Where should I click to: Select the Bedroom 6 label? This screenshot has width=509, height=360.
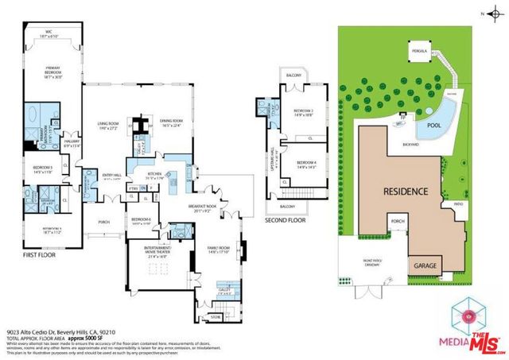(x=140, y=220)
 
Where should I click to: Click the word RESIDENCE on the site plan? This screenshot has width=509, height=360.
(x=407, y=192)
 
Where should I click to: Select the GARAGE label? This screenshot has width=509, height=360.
(x=422, y=264)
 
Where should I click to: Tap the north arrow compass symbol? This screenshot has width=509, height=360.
(x=491, y=14)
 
